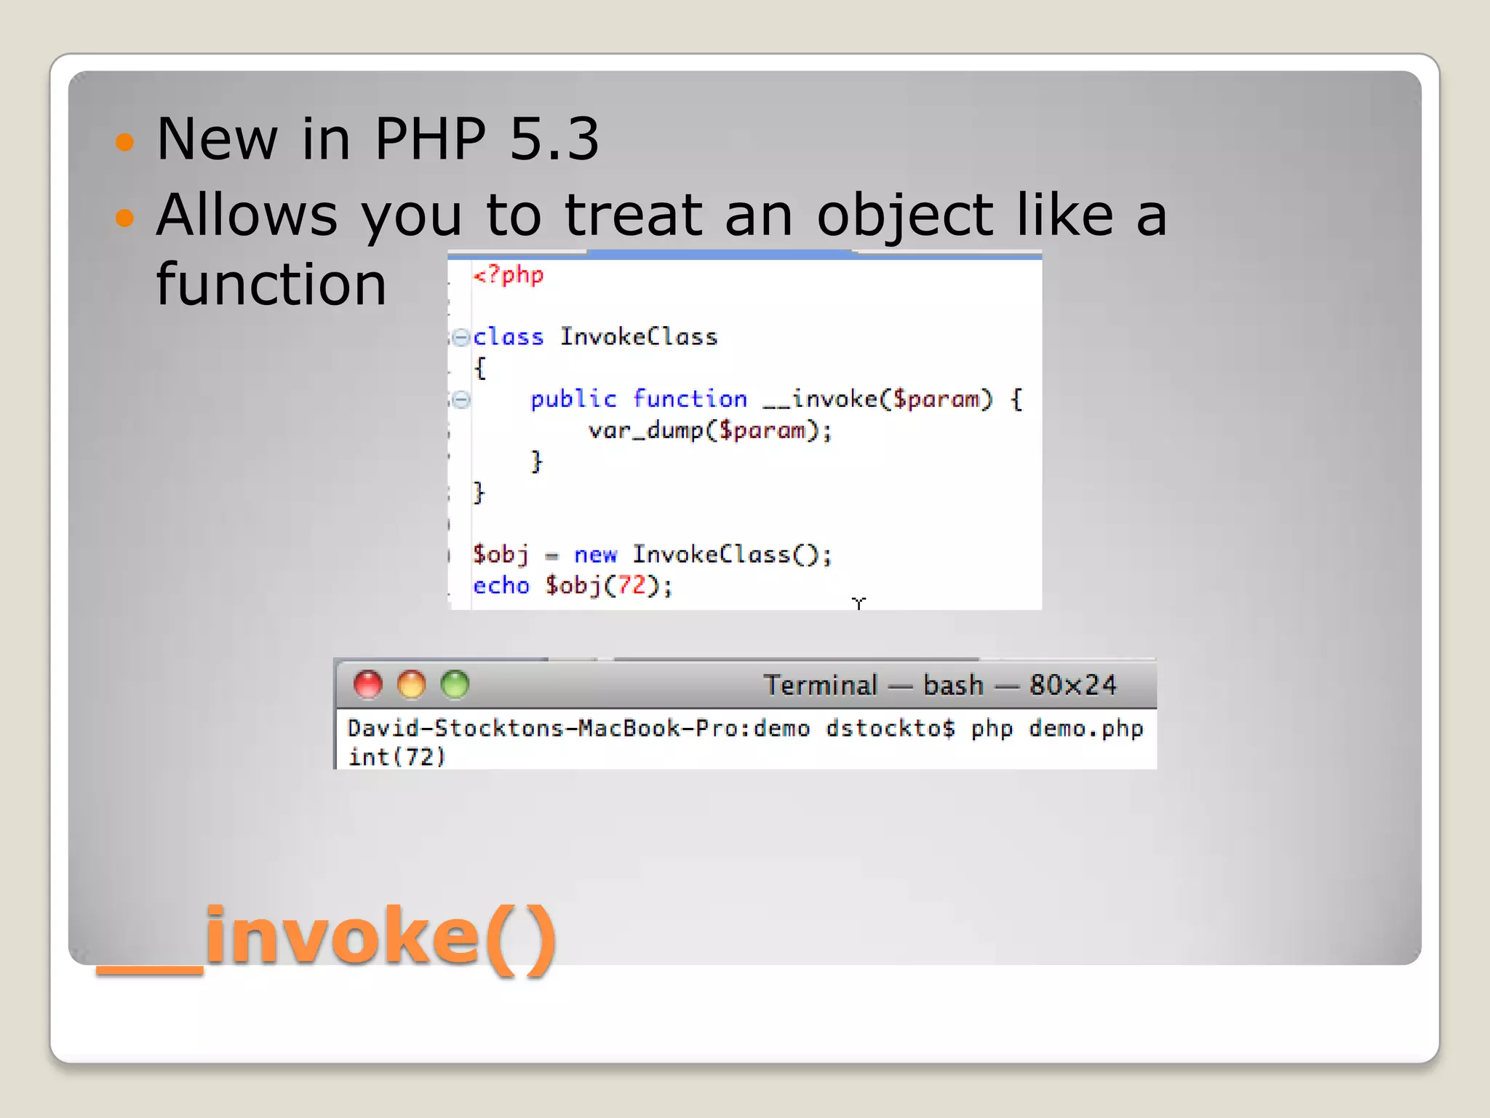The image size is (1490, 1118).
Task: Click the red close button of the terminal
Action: click(367, 685)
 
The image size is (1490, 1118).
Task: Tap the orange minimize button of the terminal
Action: click(411, 685)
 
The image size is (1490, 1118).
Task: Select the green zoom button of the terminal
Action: click(455, 685)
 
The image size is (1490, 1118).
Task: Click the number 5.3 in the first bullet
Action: click(554, 138)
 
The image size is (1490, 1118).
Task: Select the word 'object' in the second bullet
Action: click(904, 215)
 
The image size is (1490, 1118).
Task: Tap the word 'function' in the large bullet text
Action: click(271, 284)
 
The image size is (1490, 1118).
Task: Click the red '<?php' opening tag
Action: click(508, 275)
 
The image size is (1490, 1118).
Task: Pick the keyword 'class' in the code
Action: click(508, 337)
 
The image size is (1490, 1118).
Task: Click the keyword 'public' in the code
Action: click(573, 399)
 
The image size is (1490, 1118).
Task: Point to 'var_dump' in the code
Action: click(645, 430)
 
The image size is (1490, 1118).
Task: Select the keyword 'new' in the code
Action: click(594, 555)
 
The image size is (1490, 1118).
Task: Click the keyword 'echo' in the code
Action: click(501, 585)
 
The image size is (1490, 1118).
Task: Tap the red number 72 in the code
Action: click(632, 585)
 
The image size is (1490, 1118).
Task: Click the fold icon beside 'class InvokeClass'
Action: click(461, 337)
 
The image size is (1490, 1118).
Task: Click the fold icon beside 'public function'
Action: click(461, 399)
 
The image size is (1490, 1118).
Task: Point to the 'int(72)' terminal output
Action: click(396, 757)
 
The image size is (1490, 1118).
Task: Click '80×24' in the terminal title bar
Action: click(1072, 685)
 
